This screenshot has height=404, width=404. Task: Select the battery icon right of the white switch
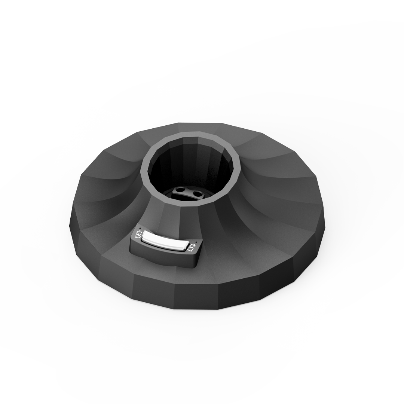click(x=192, y=248)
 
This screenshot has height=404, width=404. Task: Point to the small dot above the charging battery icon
click(x=139, y=228)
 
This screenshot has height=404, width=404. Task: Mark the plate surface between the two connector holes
click(x=189, y=192)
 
